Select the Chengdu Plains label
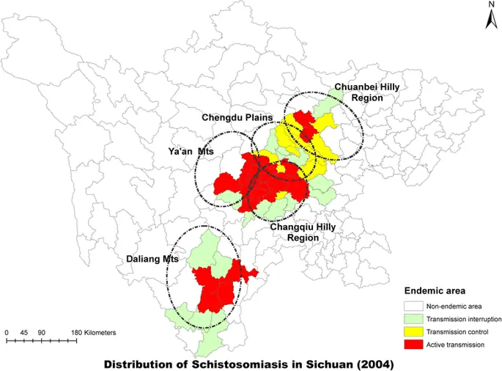pyautogui.click(x=237, y=117)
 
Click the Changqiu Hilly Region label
pyautogui.click(x=303, y=232)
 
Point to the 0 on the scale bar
pyautogui.click(x=7, y=333)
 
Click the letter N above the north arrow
pyautogui.click(x=490, y=5)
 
